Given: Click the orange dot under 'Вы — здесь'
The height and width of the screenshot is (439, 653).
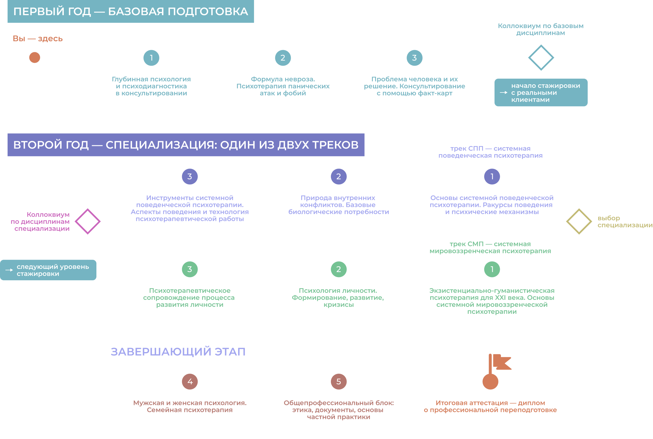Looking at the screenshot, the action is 35,57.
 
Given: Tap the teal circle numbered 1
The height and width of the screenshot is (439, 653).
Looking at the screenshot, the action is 151,58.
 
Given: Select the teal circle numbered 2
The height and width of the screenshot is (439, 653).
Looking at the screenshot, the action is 283,58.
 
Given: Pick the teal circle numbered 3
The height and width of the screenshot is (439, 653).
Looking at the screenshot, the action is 415,58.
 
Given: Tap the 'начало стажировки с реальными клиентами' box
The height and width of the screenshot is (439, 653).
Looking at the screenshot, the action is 541,92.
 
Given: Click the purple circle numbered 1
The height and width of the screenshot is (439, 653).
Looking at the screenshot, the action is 492,176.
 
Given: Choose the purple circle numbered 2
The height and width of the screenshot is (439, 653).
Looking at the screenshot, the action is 339,176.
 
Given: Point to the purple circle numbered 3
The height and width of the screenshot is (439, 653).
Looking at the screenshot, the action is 190,176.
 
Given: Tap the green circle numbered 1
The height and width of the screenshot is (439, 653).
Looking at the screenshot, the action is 492,269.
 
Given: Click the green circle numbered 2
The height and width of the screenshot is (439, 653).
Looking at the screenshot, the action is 339,269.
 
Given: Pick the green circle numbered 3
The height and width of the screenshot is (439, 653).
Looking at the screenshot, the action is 190,269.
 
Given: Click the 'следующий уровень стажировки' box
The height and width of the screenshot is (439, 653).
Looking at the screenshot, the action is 48,270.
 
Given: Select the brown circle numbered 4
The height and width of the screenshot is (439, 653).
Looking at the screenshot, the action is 190,382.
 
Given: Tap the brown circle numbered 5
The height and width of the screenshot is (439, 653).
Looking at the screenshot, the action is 339,382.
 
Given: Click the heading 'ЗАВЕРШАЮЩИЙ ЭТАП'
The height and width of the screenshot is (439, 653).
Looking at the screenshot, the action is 178,352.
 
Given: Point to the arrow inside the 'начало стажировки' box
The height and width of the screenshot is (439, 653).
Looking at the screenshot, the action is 504,92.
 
